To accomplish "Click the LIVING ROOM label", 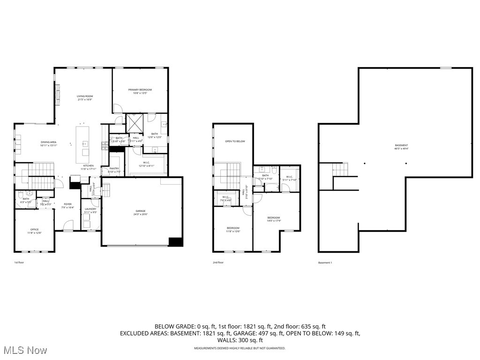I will coord(85,96).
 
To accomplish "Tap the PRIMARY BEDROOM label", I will coord(140,90).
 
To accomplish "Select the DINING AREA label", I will coord(48,142).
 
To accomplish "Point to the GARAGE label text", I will coord(141,211).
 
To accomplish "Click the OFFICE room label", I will coord(35,229).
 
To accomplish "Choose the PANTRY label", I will coord(114,169).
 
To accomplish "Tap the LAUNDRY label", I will coord(90,209).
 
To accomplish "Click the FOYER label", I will coord(68,204).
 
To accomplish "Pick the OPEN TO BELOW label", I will coord(235,141).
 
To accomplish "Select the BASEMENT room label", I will coord(401,145).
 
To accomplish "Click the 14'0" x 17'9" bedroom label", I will coord(274,218).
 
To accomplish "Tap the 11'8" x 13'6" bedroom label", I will coord(233,228).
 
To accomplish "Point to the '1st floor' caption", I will coord(19,262).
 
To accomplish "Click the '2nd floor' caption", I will coord(218,262).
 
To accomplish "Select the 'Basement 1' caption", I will coord(325,262).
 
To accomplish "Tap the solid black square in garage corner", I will coord(176,242).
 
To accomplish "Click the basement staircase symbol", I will coord(340,170).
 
